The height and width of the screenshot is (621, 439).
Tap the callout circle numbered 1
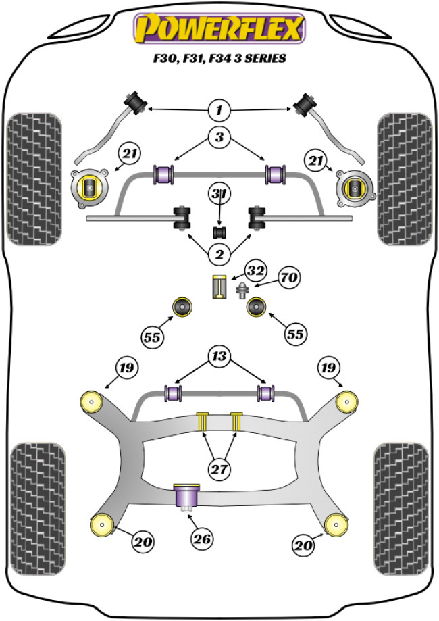coord(219,109)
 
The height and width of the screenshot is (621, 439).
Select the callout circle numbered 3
coord(219,138)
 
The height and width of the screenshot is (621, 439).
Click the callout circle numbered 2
coord(219,254)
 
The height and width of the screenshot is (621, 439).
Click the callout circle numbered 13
coord(219,357)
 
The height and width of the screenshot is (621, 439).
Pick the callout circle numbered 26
coord(202,539)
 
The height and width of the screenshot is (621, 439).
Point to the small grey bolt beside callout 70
coord(240,292)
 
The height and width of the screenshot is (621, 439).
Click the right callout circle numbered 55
coord(294,334)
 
